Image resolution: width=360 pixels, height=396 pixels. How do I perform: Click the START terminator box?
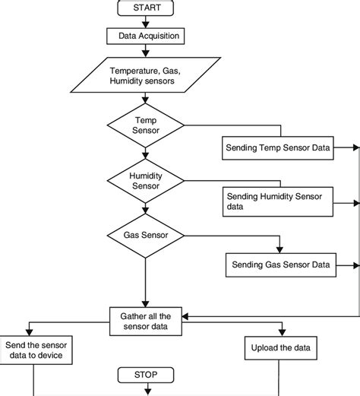coord(146,8)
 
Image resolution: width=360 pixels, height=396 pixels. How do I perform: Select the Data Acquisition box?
coord(146,36)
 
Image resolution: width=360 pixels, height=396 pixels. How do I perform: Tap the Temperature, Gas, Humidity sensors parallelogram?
coord(146,75)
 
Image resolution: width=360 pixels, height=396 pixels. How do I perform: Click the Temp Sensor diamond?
coord(146,125)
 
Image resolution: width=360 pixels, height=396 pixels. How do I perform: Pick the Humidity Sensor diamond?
coord(146,181)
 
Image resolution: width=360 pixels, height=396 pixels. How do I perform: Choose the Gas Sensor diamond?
coord(146,236)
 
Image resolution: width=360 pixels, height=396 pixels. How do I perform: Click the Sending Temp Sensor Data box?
coord(278,148)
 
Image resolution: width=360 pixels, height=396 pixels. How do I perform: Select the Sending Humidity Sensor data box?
coord(278,201)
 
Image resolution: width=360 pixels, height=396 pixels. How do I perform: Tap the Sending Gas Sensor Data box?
coord(281,265)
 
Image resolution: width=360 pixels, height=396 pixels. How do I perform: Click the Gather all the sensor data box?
coord(146,322)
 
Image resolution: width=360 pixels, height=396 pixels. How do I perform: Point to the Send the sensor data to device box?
coord(36,350)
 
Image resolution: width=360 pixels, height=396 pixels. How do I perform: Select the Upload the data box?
coord(281,348)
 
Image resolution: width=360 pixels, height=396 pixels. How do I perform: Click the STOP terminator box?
coord(146,375)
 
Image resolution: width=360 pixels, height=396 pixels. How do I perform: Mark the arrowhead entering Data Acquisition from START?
coord(145,25)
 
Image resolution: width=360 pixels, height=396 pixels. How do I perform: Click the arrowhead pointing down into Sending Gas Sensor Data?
coord(279,250)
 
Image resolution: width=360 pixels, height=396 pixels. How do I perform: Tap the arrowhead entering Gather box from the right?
coord(185,316)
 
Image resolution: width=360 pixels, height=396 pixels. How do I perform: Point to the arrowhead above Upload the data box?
coord(282,333)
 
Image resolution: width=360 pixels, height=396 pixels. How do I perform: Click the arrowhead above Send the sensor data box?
coord(30,332)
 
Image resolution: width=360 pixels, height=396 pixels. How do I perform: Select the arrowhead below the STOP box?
coord(147,392)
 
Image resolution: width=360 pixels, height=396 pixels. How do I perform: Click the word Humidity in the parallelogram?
coord(122,81)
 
